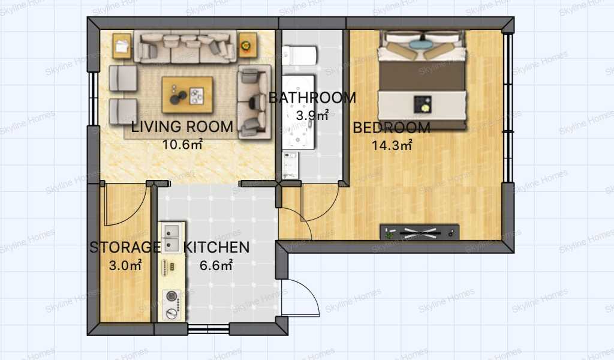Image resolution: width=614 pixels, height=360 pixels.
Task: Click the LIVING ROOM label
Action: [x=182, y=127]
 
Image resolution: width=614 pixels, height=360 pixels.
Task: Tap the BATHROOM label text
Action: [x=312, y=98]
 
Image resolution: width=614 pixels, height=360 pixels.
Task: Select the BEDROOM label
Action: [x=392, y=128]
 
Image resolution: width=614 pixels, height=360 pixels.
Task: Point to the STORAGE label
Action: [x=125, y=247]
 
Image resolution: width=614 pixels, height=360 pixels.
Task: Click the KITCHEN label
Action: [x=216, y=248]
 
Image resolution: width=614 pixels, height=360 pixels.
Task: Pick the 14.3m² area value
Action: [x=392, y=145]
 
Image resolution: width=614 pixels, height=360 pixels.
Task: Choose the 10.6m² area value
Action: [x=182, y=145]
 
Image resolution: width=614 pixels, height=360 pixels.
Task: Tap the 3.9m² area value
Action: [x=312, y=115]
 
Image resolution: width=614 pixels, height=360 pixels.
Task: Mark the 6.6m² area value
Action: [x=216, y=265]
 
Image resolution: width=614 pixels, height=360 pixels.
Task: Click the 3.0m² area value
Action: [x=125, y=265]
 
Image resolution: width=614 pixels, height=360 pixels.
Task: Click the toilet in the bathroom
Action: [x=300, y=56]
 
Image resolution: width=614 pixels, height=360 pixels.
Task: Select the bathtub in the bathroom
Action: [x=299, y=112]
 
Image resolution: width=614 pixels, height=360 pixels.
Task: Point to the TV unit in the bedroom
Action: [x=420, y=233]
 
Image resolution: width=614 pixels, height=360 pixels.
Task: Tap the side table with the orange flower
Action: [x=248, y=46]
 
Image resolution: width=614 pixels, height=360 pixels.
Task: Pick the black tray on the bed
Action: [x=423, y=105]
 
